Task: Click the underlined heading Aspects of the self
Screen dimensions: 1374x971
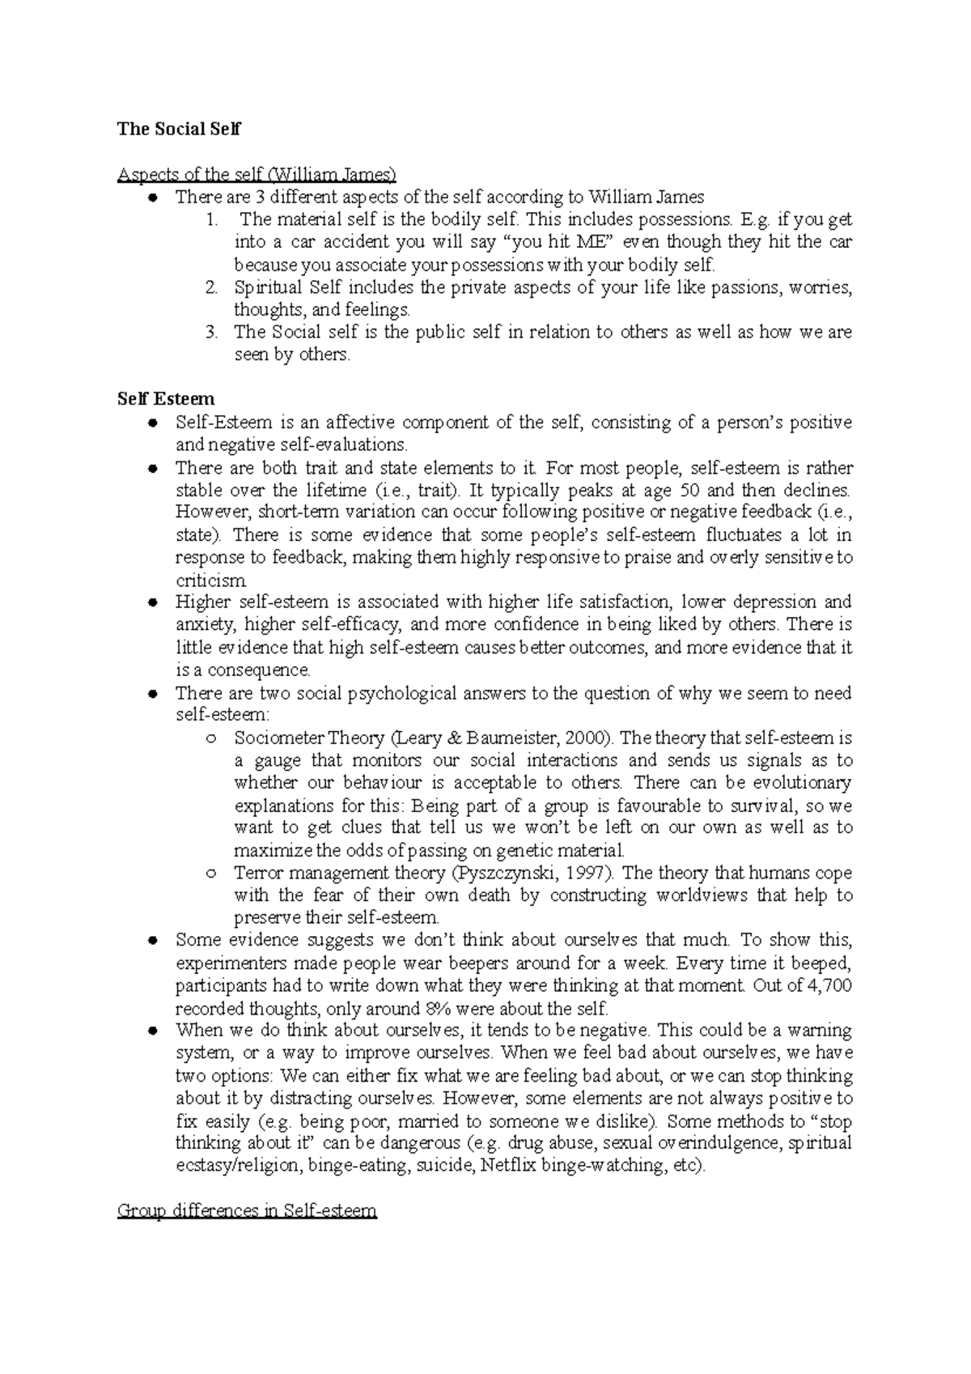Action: [257, 174]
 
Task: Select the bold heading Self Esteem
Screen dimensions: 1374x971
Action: [166, 399]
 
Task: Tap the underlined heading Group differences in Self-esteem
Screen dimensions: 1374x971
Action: [247, 1211]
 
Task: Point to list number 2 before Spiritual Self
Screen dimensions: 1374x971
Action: [211, 287]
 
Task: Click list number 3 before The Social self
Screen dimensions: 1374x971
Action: [211, 332]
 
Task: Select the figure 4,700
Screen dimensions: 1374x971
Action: [830, 985]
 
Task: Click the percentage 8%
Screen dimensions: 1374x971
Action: [433, 1009]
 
